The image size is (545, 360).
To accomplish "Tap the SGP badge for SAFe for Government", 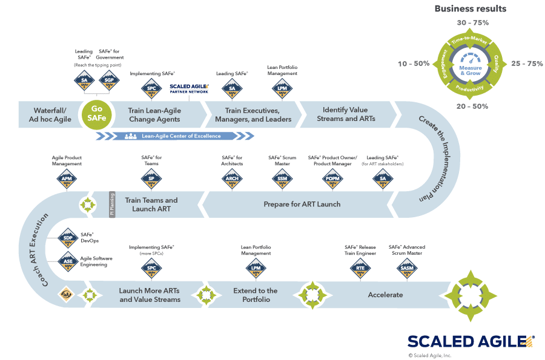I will click(110, 80).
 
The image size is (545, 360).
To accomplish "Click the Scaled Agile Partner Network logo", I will click(189, 88).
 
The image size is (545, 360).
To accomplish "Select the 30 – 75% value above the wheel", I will click(471, 22).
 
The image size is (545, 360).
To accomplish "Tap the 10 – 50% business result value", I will click(414, 64).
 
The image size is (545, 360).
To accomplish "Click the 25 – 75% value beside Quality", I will click(526, 64).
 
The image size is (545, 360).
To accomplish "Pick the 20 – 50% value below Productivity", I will click(471, 106).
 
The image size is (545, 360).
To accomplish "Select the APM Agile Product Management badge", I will click(67, 178).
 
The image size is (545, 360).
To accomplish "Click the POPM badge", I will click(332, 178).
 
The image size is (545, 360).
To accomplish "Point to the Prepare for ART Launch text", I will click(302, 205).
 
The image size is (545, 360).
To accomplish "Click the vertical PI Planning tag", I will click(111, 204).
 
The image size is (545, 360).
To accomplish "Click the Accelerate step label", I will click(385, 295).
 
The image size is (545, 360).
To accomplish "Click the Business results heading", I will click(471, 8).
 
